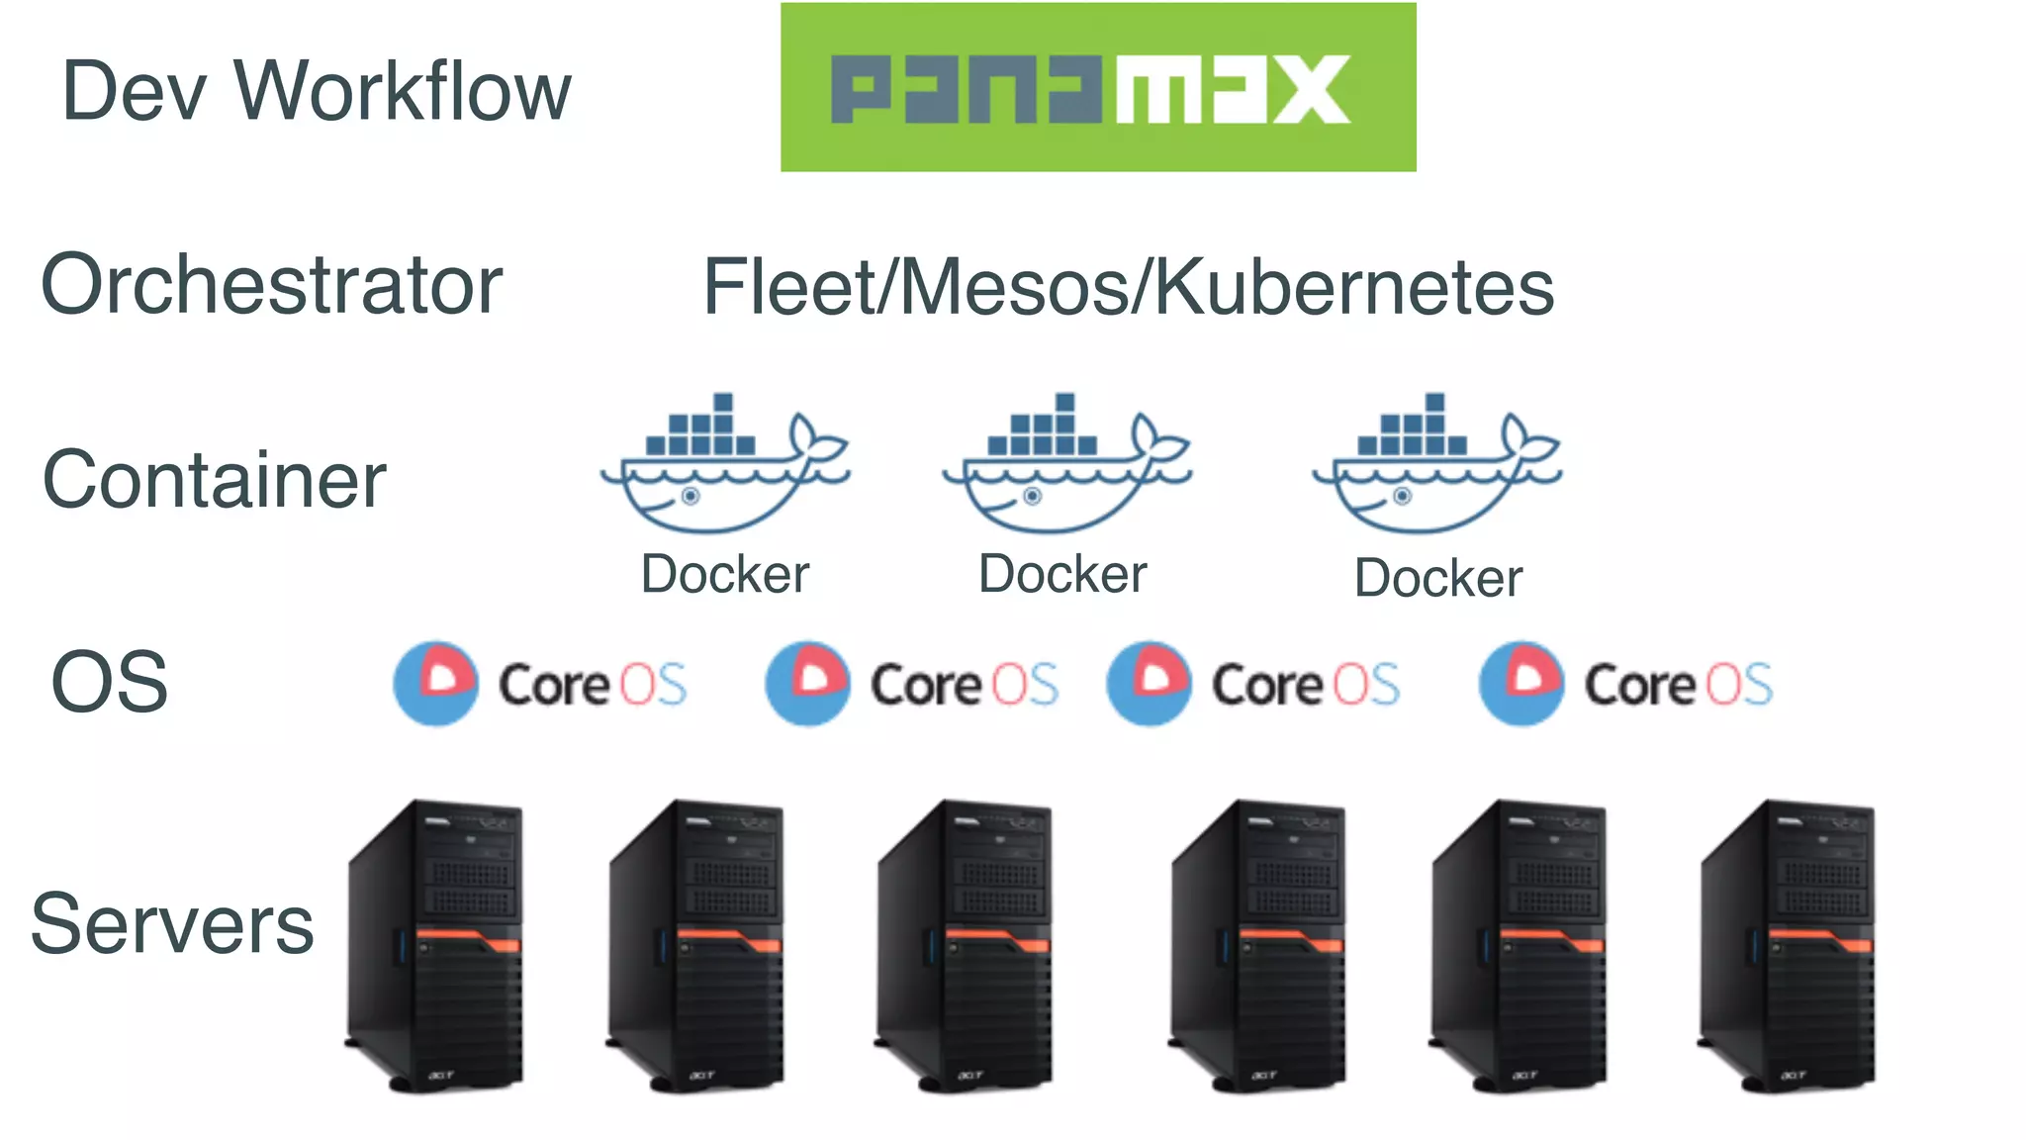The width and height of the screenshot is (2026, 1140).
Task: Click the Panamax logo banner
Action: click(1097, 87)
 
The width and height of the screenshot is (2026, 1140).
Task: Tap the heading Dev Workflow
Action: click(317, 91)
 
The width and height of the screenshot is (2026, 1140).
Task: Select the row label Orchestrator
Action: click(272, 285)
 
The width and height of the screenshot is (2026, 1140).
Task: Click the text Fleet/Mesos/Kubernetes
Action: click(1128, 288)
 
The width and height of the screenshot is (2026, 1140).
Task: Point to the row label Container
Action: click(214, 480)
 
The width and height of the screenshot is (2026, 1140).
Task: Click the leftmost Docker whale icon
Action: click(723, 465)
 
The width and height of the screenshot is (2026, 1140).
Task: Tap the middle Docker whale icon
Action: click(1065, 465)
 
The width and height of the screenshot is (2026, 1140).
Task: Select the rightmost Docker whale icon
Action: click(1435, 465)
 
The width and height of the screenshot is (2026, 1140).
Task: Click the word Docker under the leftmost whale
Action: click(725, 574)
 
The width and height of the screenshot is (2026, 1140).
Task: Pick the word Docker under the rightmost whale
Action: click(1438, 578)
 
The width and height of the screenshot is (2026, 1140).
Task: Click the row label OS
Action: click(110, 683)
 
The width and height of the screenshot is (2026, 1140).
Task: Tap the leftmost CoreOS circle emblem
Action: click(435, 683)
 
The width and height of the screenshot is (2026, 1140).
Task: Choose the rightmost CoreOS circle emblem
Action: click(1521, 683)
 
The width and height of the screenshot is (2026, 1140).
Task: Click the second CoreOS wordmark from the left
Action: click(964, 685)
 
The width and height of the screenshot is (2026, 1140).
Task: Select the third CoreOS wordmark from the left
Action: click(1306, 685)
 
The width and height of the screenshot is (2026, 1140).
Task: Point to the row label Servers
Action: click(172, 924)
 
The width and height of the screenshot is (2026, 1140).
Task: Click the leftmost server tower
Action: click(435, 945)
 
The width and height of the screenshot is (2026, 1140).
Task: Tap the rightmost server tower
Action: click(1787, 945)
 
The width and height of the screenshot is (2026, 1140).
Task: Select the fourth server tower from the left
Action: click(1257, 945)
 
